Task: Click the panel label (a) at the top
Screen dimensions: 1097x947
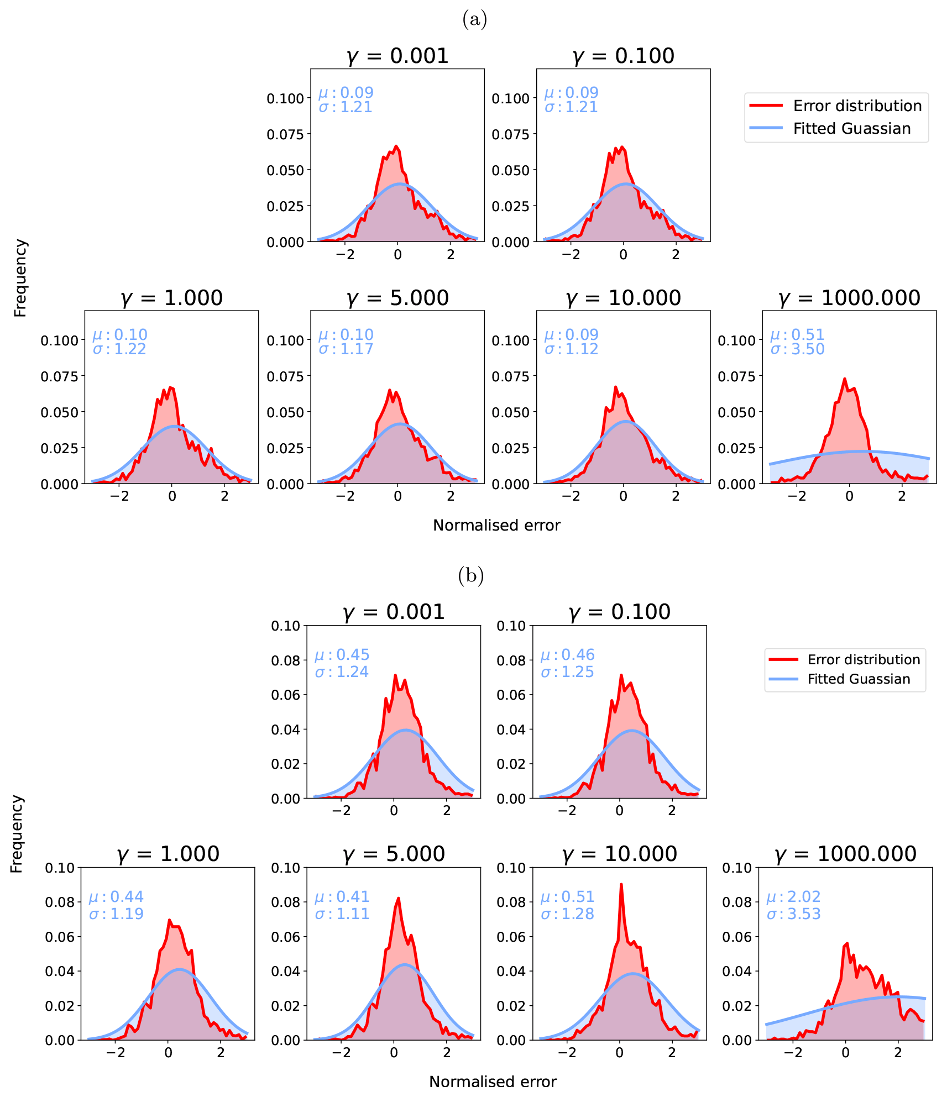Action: tap(474, 20)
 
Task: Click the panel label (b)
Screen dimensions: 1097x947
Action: tap(470, 576)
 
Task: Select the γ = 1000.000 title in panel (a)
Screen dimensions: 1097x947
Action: tap(849, 298)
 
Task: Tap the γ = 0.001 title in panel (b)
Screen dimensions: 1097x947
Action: tap(393, 612)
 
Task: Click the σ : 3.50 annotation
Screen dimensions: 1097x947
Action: tap(797, 349)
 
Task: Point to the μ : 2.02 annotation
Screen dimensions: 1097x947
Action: tap(793, 896)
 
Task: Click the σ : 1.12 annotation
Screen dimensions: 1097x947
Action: tap(571, 349)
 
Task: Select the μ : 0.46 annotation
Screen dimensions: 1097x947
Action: tap(567, 655)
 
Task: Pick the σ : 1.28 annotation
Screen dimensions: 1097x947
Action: tap(567, 914)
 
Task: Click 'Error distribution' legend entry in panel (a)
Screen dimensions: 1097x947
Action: tap(857, 106)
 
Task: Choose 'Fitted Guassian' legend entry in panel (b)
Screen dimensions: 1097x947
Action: tap(859, 679)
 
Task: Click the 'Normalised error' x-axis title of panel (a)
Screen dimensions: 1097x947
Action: tap(496, 525)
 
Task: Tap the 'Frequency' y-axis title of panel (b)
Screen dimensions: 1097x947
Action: tap(17, 833)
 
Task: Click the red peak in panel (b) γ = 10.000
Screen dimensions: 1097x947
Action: tap(621, 884)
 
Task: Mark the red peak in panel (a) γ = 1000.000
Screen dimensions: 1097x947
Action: tap(844, 379)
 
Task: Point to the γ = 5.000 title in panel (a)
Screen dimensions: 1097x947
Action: tap(397, 298)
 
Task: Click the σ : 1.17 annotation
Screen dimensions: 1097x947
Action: tap(346, 349)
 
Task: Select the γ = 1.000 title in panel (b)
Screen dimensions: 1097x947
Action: tap(168, 854)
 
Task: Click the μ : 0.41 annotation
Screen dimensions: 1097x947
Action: tap(342, 896)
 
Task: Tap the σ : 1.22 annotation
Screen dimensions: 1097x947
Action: tap(119, 349)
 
